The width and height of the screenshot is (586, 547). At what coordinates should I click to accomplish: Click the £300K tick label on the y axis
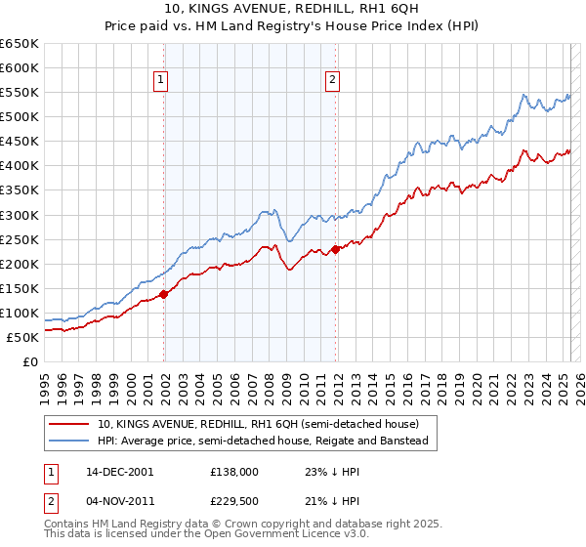(19, 215)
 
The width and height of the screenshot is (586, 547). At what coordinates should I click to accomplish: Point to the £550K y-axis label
(19, 93)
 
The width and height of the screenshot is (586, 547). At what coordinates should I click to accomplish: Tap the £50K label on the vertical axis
(22, 337)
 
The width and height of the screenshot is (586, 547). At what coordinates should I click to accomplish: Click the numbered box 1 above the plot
(160, 81)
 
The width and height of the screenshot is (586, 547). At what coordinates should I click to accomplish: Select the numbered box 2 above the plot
(333, 81)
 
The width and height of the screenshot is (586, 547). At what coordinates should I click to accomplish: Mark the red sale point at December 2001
(164, 293)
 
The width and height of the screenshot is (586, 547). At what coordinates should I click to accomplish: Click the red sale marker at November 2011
(335, 248)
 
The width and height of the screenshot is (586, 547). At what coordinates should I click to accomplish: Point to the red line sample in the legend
(69, 424)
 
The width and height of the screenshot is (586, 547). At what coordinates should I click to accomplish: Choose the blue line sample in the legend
(69, 442)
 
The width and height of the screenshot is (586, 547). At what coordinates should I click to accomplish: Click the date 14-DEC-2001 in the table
(120, 471)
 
